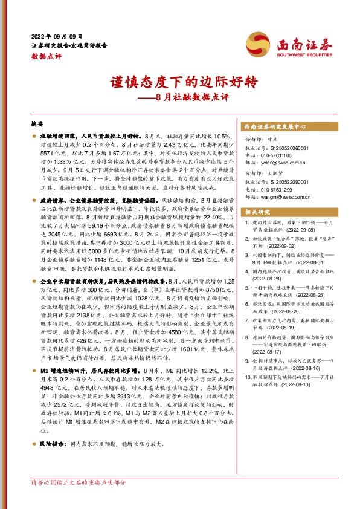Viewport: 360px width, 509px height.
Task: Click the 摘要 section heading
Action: [x=37, y=123]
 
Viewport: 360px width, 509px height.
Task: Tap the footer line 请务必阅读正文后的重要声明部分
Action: [x=79, y=499]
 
